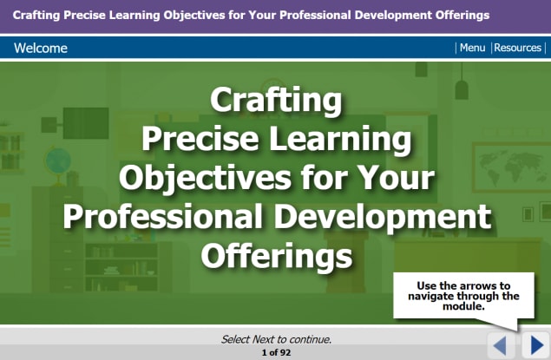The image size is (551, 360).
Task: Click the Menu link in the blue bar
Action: pos(472,48)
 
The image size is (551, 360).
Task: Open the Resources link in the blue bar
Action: pos(518,48)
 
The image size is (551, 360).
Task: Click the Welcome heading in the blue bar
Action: pos(41,48)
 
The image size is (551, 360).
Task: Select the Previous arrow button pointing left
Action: pos(501,345)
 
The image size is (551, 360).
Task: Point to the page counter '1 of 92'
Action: pos(276,353)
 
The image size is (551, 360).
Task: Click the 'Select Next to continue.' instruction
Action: pos(276,339)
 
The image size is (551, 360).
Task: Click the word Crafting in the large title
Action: pos(276,101)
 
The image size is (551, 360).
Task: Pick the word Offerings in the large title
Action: pos(276,255)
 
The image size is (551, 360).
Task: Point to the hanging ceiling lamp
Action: pos(462,87)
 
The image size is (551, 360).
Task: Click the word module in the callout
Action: pos(463,306)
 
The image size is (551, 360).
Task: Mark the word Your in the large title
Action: pos(396,179)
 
